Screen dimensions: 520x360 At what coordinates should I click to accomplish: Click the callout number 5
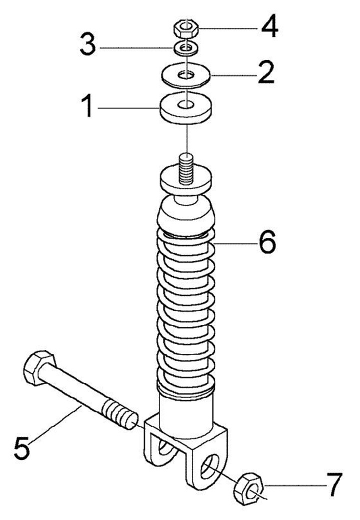tap(22, 446)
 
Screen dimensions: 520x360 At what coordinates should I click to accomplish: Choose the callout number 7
tap(331, 484)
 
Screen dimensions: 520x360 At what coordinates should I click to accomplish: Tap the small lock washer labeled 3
tap(185, 48)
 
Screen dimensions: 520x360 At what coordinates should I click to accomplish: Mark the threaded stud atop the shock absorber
tap(186, 164)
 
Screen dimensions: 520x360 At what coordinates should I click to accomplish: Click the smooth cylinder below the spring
tap(186, 412)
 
